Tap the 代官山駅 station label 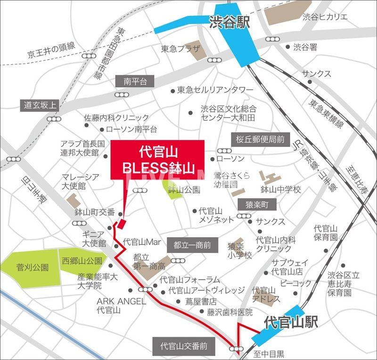tap(290, 323)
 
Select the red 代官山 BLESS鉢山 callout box tap(157, 160)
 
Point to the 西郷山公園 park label tap(81, 261)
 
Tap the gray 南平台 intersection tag tap(135, 82)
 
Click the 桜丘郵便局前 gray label tap(260, 139)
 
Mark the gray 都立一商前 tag tap(191, 245)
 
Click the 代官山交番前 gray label tap(183, 346)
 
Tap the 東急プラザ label tap(180, 49)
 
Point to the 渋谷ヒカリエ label tap(325, 17)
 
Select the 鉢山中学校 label tap(280, 190)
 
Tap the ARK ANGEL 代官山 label tap(121, 306)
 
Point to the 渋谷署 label tap(306, 47)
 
